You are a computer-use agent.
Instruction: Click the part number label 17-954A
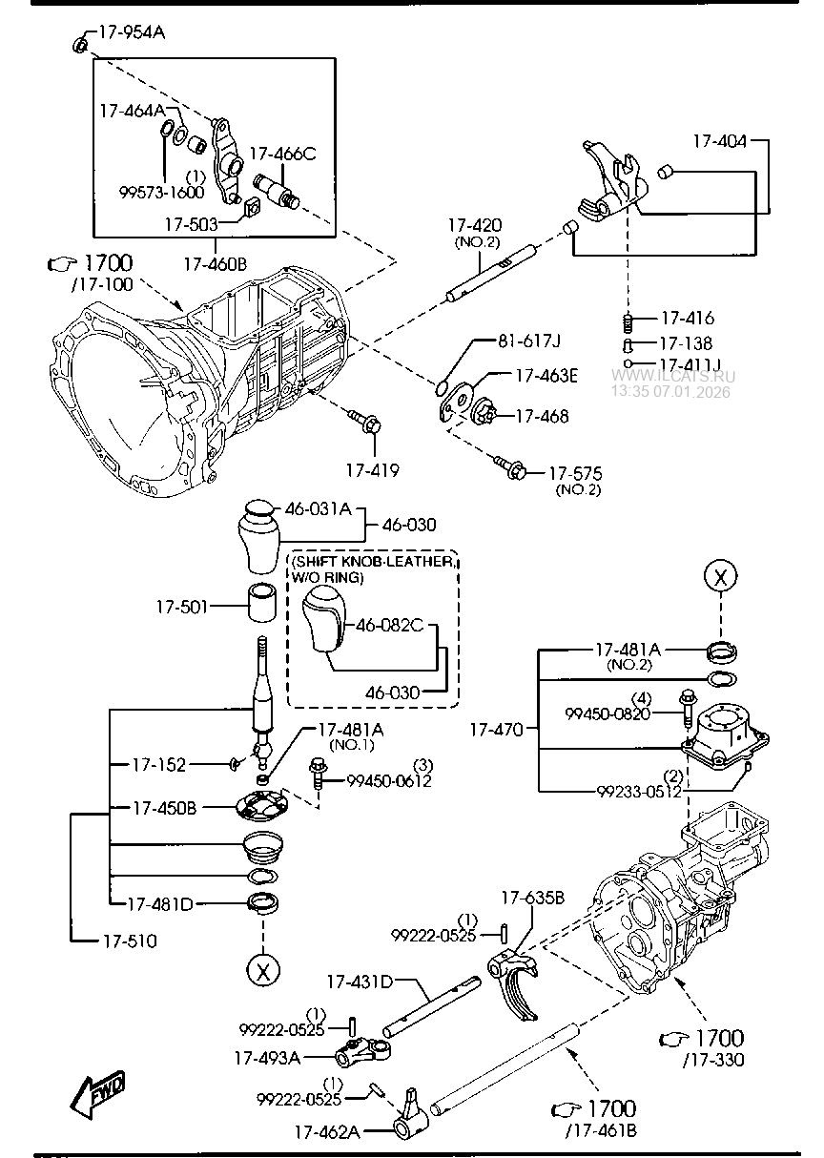tap(132, 32)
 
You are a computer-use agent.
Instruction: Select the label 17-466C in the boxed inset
tap(282, 154)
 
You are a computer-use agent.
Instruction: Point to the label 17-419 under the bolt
tap(371, 470)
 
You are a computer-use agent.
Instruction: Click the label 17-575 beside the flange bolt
tap(577, 473)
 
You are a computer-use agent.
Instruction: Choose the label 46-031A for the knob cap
tap(319, 509)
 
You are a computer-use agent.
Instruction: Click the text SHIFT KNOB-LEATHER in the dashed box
tap(372, 562)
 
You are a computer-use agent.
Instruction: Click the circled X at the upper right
tap(721, 575)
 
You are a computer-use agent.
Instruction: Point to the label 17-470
tap(496, 731)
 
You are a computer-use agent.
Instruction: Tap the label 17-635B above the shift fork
tap(532, 898)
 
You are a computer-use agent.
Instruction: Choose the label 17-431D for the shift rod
tap(359, 980)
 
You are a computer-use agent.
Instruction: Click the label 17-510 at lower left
tap(129, 941)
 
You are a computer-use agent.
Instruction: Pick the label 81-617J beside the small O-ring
tap(529, 341)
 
